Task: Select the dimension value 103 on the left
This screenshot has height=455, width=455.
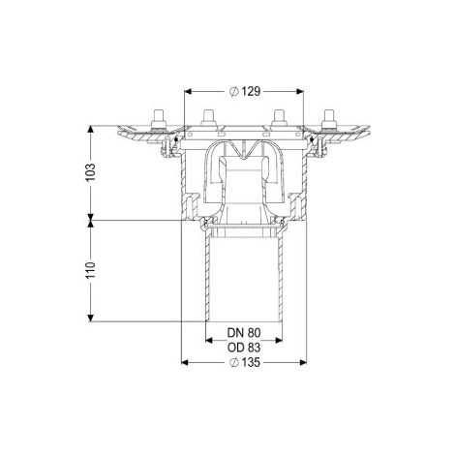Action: point(91,172)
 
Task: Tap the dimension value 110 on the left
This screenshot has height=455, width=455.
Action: point(91,270)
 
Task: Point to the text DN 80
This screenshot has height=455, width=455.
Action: point(244,332)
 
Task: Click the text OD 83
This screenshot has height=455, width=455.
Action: point(244,348)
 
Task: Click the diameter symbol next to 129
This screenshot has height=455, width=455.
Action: point(234,92)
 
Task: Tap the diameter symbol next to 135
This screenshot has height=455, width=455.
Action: point(234,363)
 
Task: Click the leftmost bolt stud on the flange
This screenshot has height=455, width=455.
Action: point(159,119)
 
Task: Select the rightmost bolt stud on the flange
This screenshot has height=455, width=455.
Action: point(329,119)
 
